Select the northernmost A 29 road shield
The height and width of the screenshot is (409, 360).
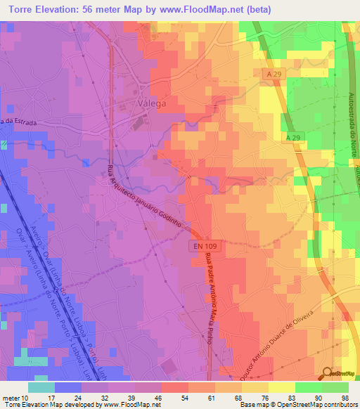tap(276, 74)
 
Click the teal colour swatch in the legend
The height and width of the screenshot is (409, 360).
tap(41, 387)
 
